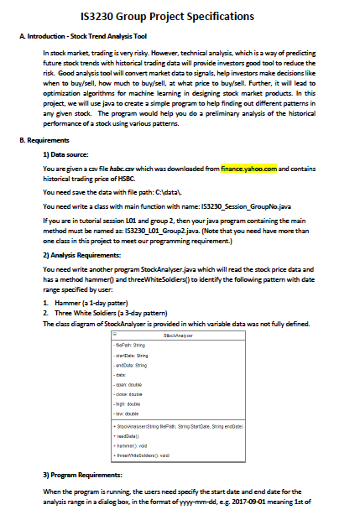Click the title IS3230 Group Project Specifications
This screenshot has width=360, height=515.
pyautogui.click(x=179, y=16)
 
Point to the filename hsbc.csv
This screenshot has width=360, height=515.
pyautogui.click(x=129, y=168)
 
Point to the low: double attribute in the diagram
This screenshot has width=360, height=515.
pyautogui.click(x=129, y=413)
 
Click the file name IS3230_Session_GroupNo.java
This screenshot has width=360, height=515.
pyautogui.click(x=224, y=204)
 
